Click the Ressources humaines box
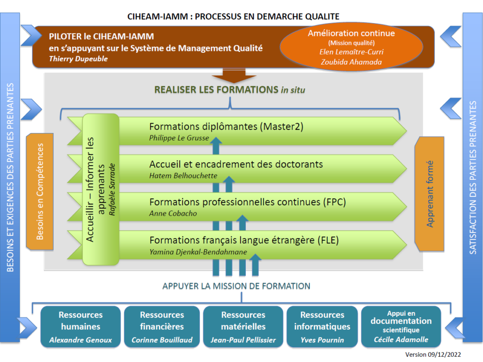tap(80, 327)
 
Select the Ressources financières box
tap(162, 327)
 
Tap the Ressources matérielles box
tap(243, 327)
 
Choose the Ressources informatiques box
tap(322, 327)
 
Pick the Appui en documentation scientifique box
tap(401, 327)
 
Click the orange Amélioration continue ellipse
tap(351, 47)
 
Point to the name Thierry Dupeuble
tap(78, 59)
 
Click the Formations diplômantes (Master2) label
tap(226, 126)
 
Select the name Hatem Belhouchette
tap(183, 176)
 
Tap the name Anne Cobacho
tap(173, 213)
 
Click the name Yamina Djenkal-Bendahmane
tap(199, 252)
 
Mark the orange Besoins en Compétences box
tap(40, 192)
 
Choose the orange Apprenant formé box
tap(429, 194)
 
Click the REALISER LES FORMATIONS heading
tap(230, 90)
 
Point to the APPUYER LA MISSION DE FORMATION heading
tap(236, 286)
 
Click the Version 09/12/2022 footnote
tap(433, 354)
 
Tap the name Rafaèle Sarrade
tap(112, 189)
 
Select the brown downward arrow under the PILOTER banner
tap(234, 76)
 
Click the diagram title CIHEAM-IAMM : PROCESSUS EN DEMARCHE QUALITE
tap(233, 17)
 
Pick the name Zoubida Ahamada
tap(351, 62)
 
